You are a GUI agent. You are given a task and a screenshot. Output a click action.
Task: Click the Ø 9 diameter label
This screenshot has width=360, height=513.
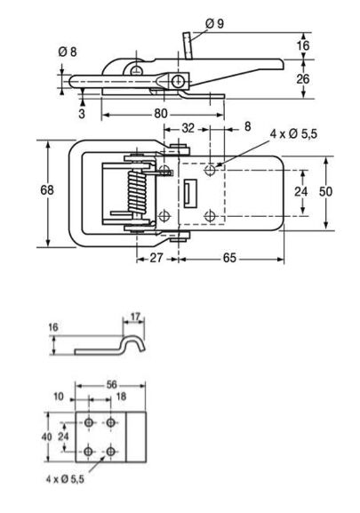click(214, 23)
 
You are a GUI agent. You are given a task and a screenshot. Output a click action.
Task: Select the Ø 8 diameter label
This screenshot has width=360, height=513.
click(68, 52)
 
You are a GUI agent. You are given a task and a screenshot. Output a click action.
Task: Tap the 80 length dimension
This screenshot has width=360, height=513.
click(161, 114)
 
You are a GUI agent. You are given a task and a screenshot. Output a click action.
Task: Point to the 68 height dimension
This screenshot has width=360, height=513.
click(47, 189)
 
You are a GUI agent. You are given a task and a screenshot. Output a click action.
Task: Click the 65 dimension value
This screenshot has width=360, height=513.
click(229, 258)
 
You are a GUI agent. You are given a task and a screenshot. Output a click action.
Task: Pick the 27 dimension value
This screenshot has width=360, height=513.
click(156, 258)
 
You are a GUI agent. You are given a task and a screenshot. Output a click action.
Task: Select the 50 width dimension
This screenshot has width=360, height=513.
click(325, 191)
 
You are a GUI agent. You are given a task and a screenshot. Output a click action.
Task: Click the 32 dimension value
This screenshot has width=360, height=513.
click(188, 128)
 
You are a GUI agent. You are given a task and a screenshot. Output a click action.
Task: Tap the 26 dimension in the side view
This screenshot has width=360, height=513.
click(303, 79)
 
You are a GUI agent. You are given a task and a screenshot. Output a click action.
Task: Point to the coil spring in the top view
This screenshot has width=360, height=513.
click(137, 192)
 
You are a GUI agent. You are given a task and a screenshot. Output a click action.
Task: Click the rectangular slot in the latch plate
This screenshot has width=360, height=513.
click(190, 194)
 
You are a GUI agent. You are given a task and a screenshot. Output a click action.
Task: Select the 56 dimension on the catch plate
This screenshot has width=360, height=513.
click(111, 384)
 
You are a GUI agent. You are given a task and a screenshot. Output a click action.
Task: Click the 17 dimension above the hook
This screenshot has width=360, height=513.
click(135, 317)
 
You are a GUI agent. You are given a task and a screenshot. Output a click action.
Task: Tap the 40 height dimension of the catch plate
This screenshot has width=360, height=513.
click(47, 437)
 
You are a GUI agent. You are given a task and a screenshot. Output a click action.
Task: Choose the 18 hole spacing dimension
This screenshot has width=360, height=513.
click(121, 397)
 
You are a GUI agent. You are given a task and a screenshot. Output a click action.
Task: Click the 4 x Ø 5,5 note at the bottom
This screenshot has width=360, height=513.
click(65, 479)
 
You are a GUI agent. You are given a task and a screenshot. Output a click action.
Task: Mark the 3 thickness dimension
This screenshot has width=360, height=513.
click(82, 114)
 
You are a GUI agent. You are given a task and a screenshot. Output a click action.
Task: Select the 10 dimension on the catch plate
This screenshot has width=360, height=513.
click(58, 397)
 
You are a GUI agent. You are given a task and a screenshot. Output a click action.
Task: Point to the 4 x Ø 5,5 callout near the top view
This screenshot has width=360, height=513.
click(293, 134)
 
